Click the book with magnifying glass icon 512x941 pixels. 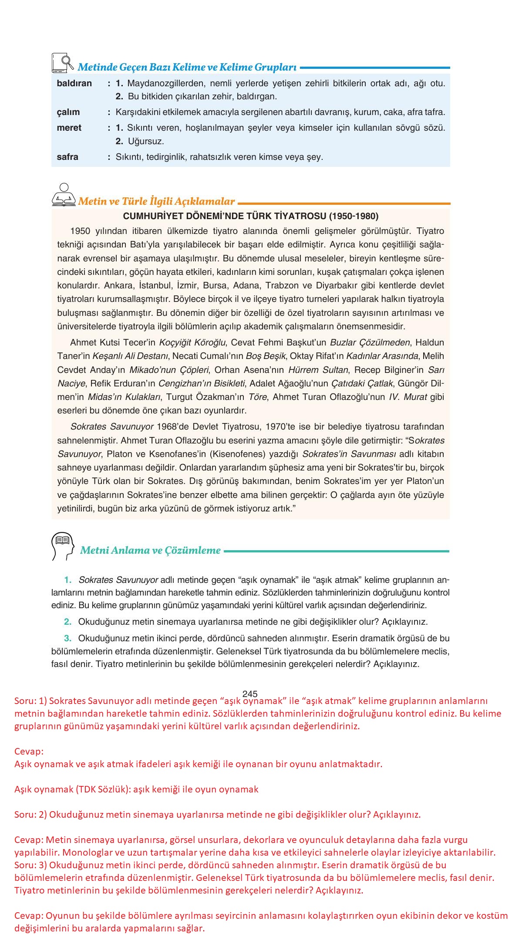pyautogui.click(x=62, y=64)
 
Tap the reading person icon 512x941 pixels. pyautogui.click(x=64, y=196)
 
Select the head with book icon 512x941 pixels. pyautogui.click(x=61, y=546)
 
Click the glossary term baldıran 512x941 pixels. pyautogui.click(x=74, y=83)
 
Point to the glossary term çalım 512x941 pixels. pyautogui.click(x=68, y=112)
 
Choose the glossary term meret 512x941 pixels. pyautogui.click(x=69, y=128)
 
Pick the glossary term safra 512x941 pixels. pyautogui.click(x=67, y=157)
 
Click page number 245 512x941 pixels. pyautogui.click(x=250, y=694)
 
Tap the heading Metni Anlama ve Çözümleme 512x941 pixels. pyautogui.click(x=150, y=550)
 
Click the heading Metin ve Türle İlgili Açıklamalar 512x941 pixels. pyautogui.click(x=156, y=201)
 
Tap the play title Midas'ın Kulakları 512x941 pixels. pyautogui.click(x=124, y=397)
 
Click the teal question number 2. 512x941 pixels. pyautogui.click(x=67, y=622)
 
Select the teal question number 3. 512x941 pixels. pyautogui.click(x=67, y=638)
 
